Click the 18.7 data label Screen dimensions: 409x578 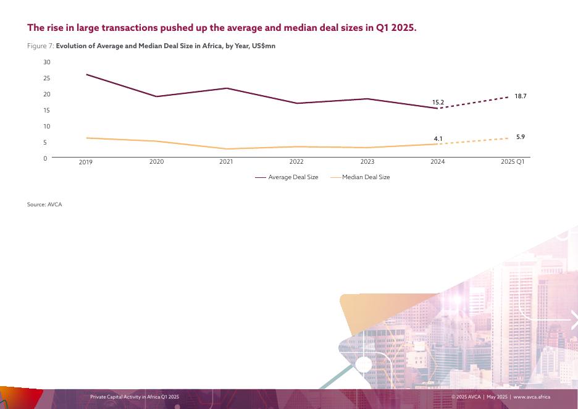tap(520, 96)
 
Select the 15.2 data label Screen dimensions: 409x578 tap(438, 102)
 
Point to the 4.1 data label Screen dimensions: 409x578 tap(438, 139)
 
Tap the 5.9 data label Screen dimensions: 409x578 tap(520, 137)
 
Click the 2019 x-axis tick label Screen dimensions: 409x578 tap(86, 162)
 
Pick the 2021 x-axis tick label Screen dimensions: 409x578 tap(226, 162)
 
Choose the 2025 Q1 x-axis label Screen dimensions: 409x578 tap(512, 162)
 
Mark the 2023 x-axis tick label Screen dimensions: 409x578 tap(367, 162)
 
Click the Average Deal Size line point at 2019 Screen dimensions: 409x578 tap(86, 75)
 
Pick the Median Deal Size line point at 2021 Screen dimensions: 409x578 tap(226, 149)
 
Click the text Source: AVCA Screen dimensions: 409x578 tap(44, 204)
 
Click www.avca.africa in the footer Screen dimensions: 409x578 tap(532, 397)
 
